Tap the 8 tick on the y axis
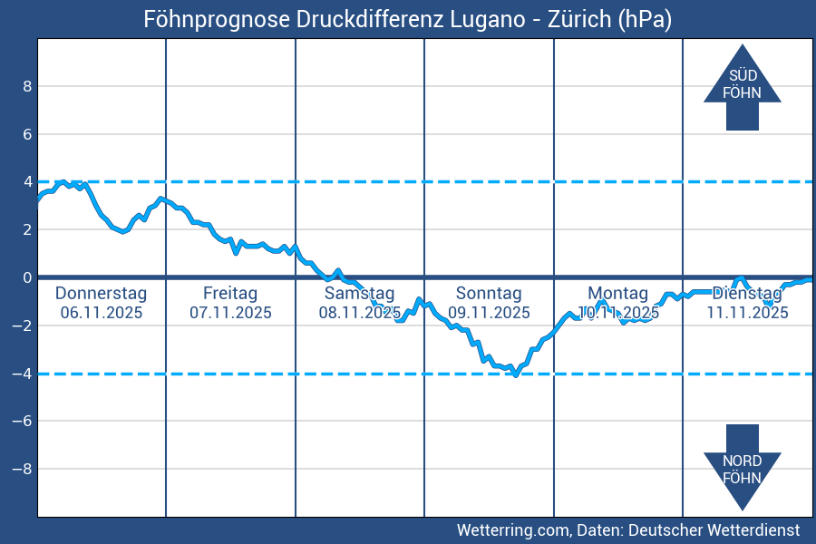pyautogui.click(x=27, y=86)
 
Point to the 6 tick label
pyautogui.click(x=27, y=134)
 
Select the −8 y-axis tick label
pyautogui.click(x=24, y=469)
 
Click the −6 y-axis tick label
pyautogui.click(x=24, y=421)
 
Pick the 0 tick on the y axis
pyautogui.click(x=27, y=277)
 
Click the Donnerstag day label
pyautogui.click(x=101, y=294)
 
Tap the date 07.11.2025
pyautogui.click(x=230, y=313)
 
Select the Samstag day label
pyautogui.click(x=360, y=294)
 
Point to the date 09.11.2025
pyautogui.click(x=489, y=313)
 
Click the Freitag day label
pyautogui.click(x=230, y=294)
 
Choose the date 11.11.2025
pyautogui.click(x=747, y=313)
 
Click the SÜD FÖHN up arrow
pyautogui.click(x=742, y=87)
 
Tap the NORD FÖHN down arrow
pyautogui.click(x=742, y=466)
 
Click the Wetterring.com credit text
pyautogui.click(x=513, y=529)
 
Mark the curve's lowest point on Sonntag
pyautogui.click(x=515, y=374)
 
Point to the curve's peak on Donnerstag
pyautogui.click(x=63, y=182)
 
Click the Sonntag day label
pyautogui.click(x=489, y=294)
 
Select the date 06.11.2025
pyautogui.click(x=101, y=313)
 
